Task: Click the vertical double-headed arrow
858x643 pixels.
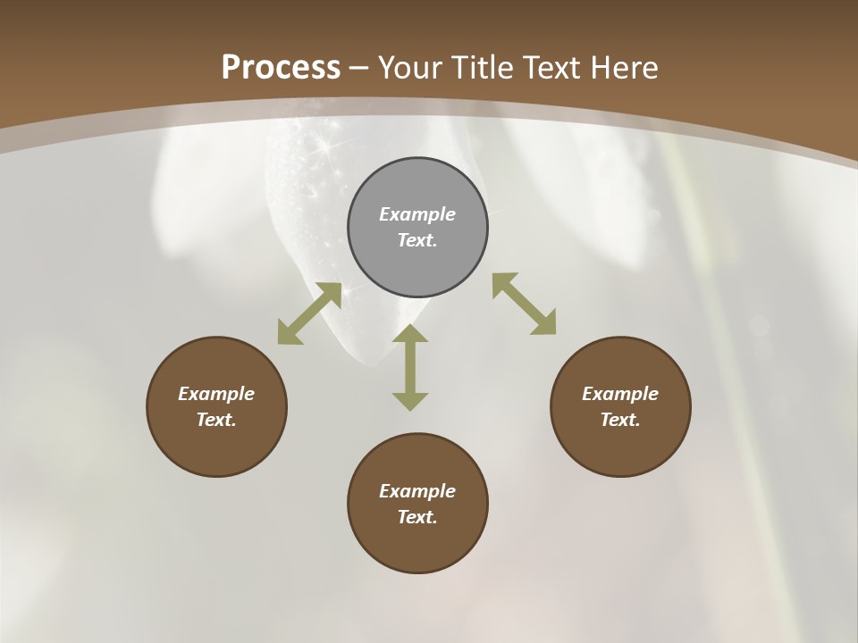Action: click(x=410, y=367)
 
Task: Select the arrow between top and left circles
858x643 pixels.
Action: click(x=309, y=313)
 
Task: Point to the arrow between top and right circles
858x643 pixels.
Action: click(x=525, y=304)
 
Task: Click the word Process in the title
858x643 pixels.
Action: click(x=281, y=67)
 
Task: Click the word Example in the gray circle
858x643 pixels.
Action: click(x=417, y=214)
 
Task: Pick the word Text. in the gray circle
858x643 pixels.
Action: click(x=417, y=240)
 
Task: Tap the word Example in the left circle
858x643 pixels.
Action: click(x=216, y=394)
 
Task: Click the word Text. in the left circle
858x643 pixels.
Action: click(x=216, y=420)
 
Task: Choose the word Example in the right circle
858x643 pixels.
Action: click(x=620, y=394)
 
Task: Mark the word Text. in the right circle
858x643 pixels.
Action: click(x=620, y=420)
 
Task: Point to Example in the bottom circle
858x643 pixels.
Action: click(x=417, y=491)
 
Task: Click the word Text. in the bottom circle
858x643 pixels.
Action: click(x=417, y=517)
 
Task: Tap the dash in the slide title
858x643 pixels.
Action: click(x=359, y=68)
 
